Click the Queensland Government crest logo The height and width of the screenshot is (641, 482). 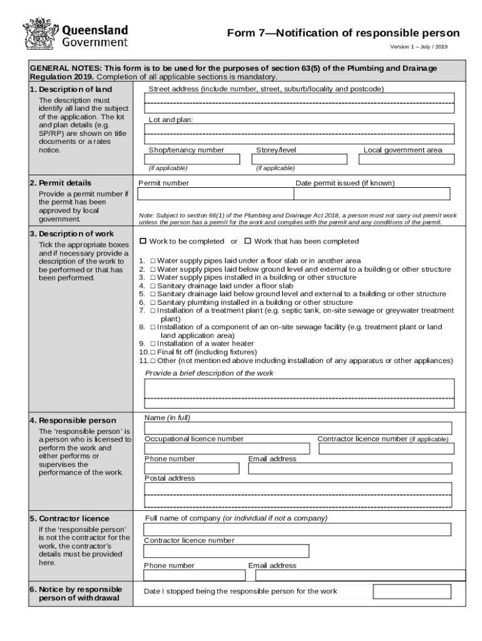[x=40, y=34]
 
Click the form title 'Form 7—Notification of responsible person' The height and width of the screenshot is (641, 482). [x=343, y=33]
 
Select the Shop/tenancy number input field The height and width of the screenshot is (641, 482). [x=192, y=159]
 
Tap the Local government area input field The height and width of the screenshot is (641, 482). [x=406, y=159]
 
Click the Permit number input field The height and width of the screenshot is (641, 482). [x=215, y=194]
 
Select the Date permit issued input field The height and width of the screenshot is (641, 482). [x=372, y=194]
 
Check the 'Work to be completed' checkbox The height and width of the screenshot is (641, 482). [x=143, y=241]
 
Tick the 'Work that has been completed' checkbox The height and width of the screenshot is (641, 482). [x=247, y=241]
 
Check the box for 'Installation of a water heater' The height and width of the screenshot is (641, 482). [x=153, y=344]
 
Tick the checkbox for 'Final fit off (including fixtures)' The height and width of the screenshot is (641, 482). [x=153, y=352]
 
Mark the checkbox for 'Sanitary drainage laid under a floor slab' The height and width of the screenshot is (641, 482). [x=153, y=285]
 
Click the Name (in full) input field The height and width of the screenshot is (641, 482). [x=298, y=428]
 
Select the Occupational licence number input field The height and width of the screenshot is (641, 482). [x=227, y=449]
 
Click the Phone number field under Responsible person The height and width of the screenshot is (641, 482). [x=192, y=468]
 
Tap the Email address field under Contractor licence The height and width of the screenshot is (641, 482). [x=357, y=575]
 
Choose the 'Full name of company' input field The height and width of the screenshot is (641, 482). [x=297, y=530]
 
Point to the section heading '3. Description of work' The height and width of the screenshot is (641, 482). [x=72, y=233]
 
